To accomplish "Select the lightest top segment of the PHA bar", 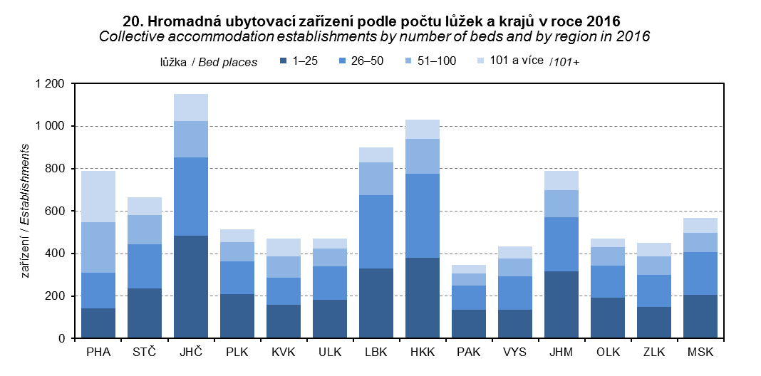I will [98, 197].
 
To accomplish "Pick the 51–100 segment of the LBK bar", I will [376, 179].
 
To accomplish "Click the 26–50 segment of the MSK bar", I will [700, 273].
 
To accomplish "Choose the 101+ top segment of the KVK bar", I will [283, 247].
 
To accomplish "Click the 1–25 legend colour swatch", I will [284, 61].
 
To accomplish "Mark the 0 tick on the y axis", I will [63, 338].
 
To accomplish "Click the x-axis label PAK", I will [468, 352].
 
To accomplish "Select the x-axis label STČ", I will [144, 352].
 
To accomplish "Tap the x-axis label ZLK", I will [653, 352].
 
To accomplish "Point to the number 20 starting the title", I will [132, 21].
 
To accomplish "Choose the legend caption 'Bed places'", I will [228, 62].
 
